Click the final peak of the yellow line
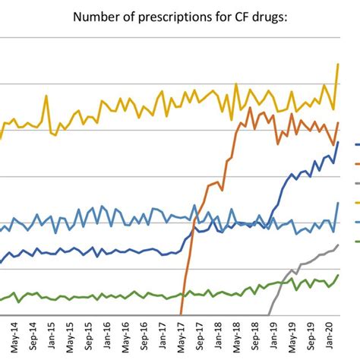338,65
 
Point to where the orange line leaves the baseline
181,314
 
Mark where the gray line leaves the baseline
270,314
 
